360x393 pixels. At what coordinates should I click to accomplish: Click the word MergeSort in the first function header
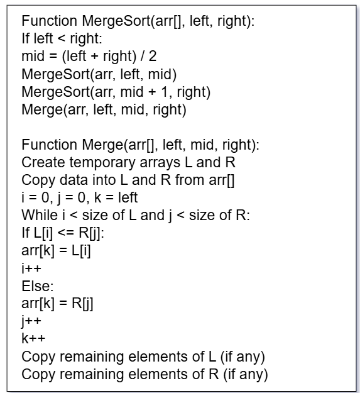[x=116, y=21]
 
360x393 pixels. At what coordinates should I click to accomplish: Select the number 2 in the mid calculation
[x=153, y=56]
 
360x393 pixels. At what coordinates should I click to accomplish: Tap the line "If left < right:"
[x=62, y=39]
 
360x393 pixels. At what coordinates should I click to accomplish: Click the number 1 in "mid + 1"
[x=164, y=92]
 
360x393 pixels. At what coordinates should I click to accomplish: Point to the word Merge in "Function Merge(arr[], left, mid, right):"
[x=103, y=145]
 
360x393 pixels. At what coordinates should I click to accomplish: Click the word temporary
[x=102, y=163]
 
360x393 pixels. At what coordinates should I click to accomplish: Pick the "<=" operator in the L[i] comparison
[x=66, y=233]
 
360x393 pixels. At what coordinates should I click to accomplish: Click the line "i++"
[x=31, y=268]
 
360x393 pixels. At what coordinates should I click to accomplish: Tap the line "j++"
[x=31, y=321]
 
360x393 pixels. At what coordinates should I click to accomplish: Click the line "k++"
[x=33, y=338]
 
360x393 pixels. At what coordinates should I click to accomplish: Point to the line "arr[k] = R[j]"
[x=57, y=304]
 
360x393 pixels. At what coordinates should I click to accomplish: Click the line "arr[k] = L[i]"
[x=56, y=251]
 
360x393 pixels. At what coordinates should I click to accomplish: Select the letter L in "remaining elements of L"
[x=212, y=357]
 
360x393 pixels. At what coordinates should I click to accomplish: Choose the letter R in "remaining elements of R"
[x=214, y=375]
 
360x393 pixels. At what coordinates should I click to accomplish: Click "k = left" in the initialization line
[x=116, y=197]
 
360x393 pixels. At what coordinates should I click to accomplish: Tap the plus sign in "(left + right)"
[x=95, y=57]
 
